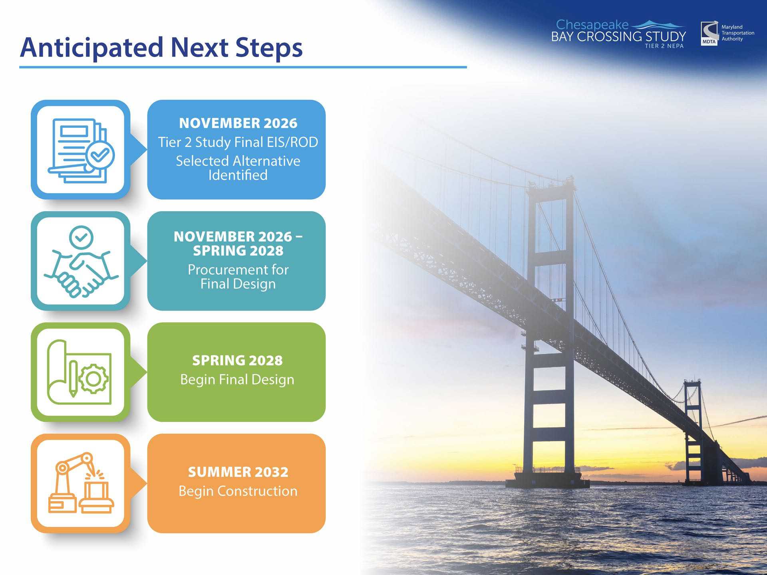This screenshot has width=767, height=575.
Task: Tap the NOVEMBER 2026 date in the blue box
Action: (x=238, y=123)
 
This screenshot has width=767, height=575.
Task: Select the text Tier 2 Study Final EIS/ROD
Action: (x=238, y=142)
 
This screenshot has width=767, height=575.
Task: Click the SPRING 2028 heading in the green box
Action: (x=237, y=361)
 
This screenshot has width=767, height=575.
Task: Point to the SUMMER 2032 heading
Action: (x=238, y=472)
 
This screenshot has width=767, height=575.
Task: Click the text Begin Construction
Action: (x=238, y=491)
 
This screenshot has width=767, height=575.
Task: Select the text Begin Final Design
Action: (x=237, y=379)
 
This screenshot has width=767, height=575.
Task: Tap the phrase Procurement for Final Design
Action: (x=238, y=277)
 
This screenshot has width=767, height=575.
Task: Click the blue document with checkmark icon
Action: (x=81, y=151)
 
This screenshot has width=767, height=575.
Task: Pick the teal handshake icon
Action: (x=81, y=262)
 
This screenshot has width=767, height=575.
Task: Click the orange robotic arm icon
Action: (x=81, y=483)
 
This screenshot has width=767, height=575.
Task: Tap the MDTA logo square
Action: (x=709, y=34)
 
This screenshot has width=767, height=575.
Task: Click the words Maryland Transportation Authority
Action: (x=738, y=33)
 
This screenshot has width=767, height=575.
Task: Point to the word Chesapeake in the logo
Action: (x=592, y=25)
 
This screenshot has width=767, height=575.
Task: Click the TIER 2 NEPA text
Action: (x=664, y=46)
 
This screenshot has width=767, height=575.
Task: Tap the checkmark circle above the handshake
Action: (x=81, y=238)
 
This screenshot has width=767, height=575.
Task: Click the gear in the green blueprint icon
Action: (x=93, y=379)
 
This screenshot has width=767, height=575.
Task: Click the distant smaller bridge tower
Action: (x=693, y=431)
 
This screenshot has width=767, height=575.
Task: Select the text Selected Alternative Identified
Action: (x=238, y=168)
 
